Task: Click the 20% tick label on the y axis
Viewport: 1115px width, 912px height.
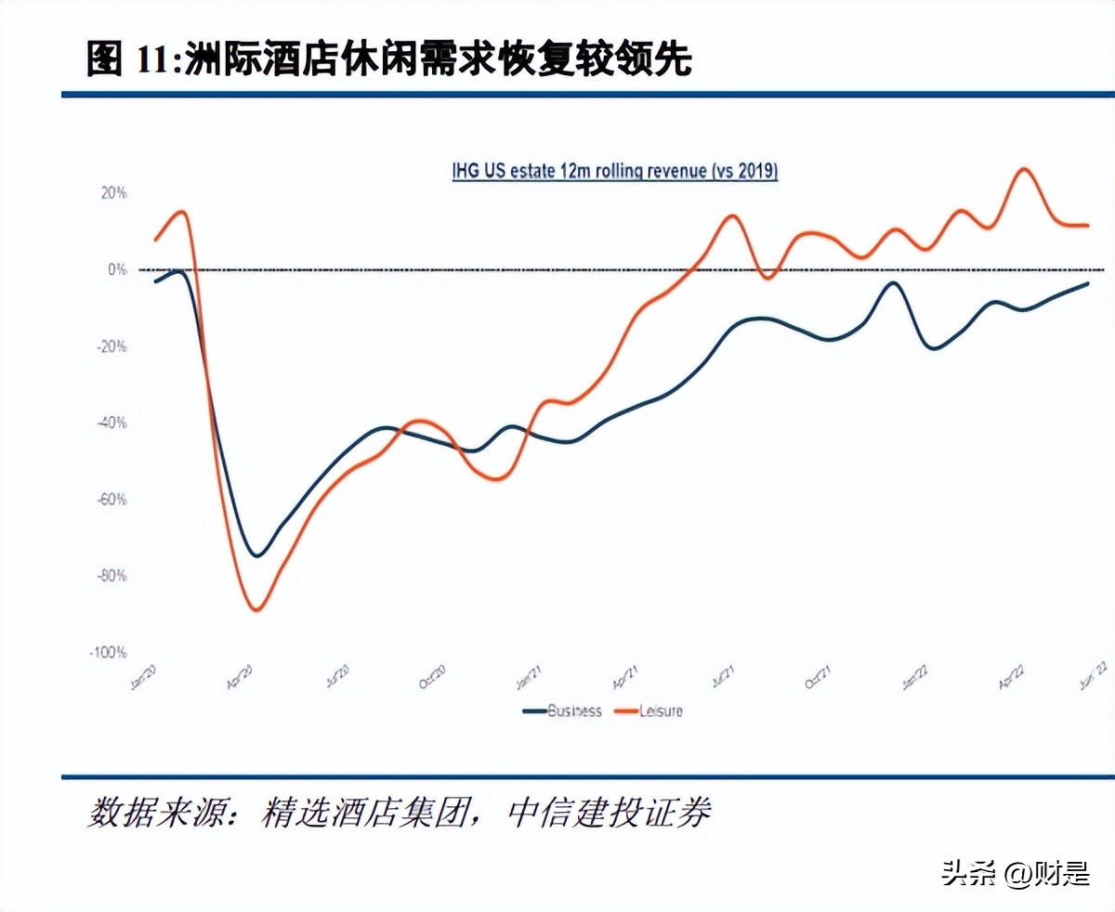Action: click(114, 193)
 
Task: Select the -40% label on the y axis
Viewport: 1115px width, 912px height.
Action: click(112, 423)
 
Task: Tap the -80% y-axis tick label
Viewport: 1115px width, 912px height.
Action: click(112, 576)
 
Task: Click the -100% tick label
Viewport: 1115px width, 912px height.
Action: click(109, 652)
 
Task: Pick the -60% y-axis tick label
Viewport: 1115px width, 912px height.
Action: click(112, 500)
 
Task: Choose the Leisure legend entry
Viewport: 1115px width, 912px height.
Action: click(660, 711)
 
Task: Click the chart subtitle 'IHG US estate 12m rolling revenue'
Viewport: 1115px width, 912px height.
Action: click(614, 172)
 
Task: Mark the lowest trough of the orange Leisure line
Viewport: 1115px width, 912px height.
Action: click(256, 609)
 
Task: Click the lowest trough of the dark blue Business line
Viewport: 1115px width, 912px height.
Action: click(256, 555)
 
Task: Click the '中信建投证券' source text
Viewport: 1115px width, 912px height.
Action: click(609, 814)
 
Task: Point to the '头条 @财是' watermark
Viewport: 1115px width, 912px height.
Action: click(1015, 874)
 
